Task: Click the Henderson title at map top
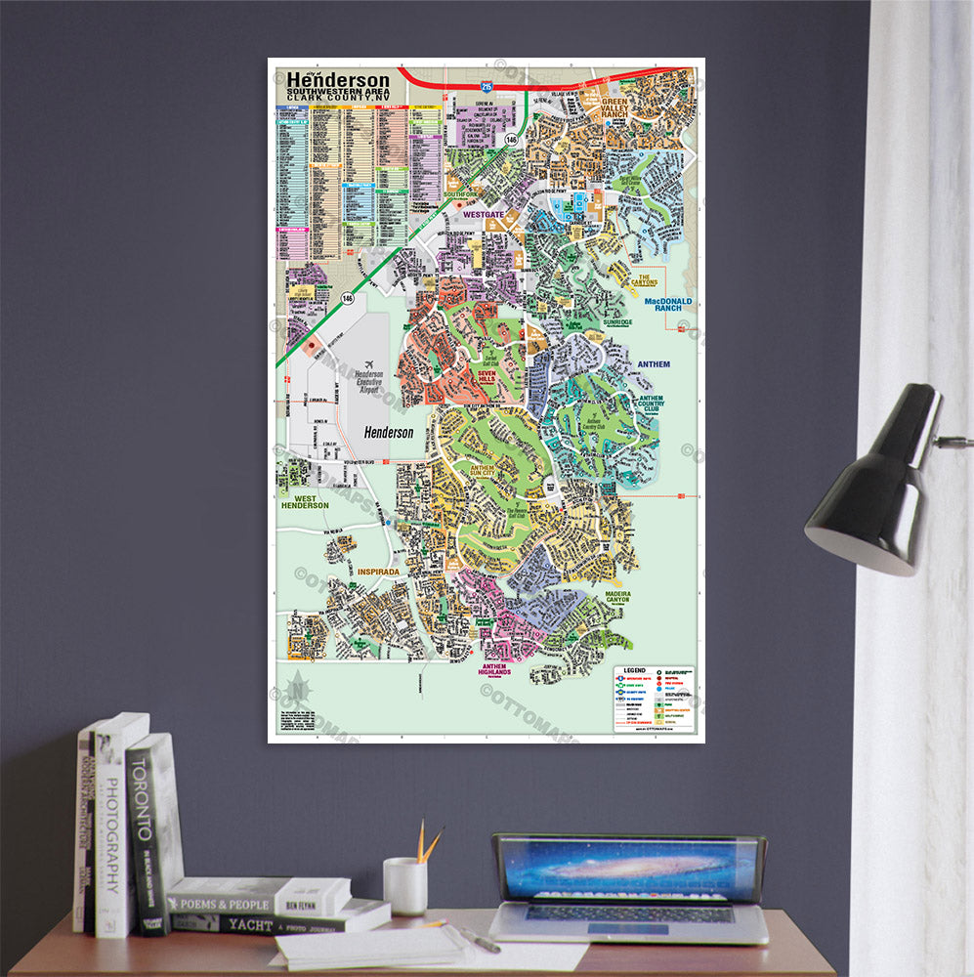click(337, 81)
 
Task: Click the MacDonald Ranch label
click(667, 305)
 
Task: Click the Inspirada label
click(379, 572)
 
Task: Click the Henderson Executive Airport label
click(369, 382)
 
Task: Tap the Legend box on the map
click(654, 700)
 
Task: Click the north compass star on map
click(296, 688)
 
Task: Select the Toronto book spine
click(145, 830)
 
